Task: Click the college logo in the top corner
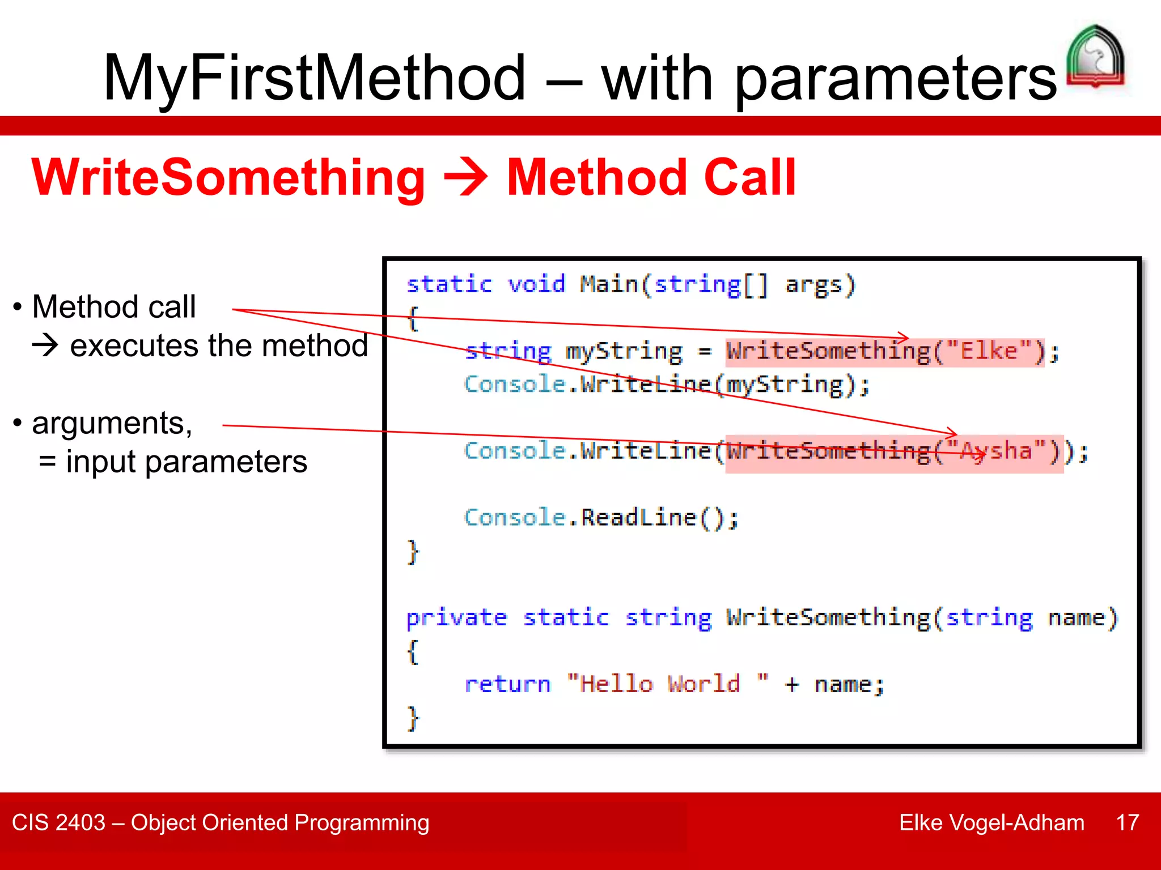click(1095, 57)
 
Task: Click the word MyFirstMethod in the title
click(315, 78)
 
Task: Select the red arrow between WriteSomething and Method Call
click(465, 177)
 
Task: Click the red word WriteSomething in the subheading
click(228, 177)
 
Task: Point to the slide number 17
click(1127, 822)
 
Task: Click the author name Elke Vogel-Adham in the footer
click(991, 822)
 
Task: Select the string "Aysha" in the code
click(996, 451)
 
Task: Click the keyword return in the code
click(507, 684)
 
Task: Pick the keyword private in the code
click(456, 617)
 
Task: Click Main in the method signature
click(609, 284)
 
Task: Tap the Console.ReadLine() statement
click(601, 518)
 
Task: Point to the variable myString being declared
click(624, 352)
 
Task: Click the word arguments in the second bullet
click(112, 423)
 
